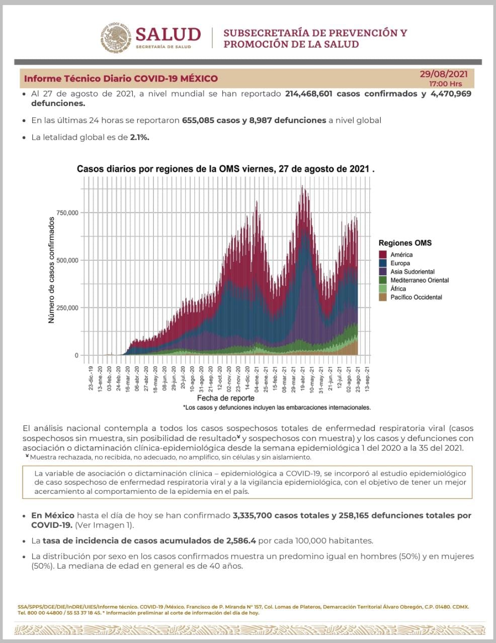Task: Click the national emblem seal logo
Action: (117, 38)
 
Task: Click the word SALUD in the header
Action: (168, 34)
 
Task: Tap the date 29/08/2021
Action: (444, 74)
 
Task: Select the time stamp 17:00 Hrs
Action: (445, 83)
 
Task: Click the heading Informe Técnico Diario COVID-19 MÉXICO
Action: (121, 79)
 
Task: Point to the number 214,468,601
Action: (308, 94)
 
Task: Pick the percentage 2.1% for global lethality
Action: (139, 137)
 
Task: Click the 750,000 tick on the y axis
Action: (66, 213)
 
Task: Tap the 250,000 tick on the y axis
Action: (66, 308)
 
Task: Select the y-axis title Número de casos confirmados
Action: (51, 270)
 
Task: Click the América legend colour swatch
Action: (383, 255)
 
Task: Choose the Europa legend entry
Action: (400, 263)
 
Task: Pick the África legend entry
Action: (398, 289)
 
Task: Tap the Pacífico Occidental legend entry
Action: (416, 297)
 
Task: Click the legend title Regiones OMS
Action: (405, 243)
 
